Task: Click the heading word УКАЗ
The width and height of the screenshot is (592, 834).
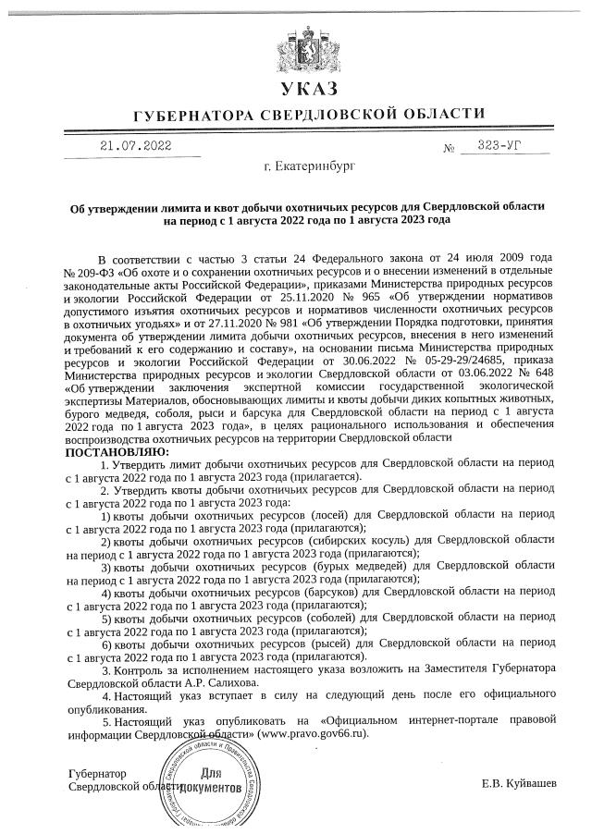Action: [x=309, y=89]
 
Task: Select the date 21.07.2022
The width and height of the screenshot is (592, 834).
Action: [x=136, y=145]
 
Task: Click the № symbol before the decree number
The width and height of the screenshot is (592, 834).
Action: [x=450, y=148]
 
